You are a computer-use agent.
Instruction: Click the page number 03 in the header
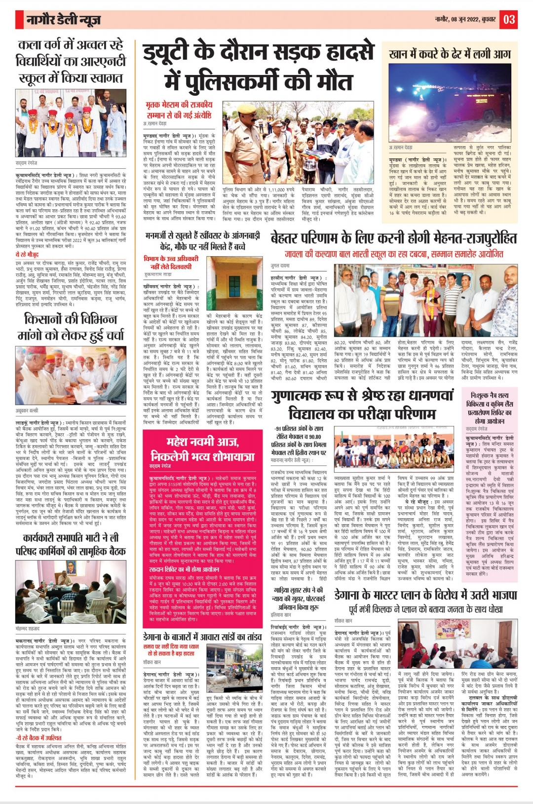[x=509, y=19]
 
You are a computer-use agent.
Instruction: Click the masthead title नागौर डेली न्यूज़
[x=64, y=20]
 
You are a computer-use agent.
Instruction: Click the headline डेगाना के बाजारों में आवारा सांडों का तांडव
[x=202, y=637]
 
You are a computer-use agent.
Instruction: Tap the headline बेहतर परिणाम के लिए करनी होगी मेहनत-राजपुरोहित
[x=393, y=239]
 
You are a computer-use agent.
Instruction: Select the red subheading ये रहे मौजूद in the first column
[x=27, y=254]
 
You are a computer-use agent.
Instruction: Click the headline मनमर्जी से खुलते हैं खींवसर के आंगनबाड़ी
[x=202, y=236]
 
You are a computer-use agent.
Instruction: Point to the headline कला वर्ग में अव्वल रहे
[x=70, y=45]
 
